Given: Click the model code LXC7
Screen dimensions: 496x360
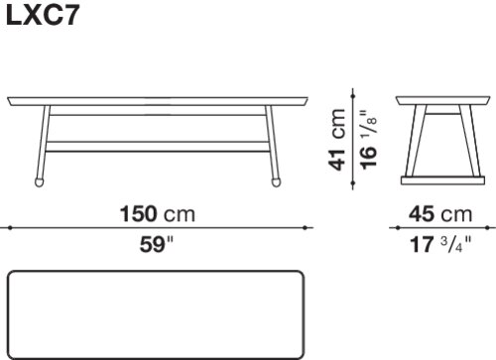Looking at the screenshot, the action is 43,16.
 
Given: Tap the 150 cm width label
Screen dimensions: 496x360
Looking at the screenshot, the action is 158,214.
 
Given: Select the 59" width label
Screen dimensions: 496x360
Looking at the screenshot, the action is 157,245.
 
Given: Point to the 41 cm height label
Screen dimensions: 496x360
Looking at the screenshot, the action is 338,140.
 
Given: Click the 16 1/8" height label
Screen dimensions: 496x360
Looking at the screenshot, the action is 368,140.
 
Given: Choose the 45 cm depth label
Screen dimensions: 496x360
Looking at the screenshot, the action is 440,214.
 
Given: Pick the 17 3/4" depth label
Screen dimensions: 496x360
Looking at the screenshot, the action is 440,245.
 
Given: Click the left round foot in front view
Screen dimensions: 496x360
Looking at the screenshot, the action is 40,182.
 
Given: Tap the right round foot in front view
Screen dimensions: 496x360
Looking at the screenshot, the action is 276,182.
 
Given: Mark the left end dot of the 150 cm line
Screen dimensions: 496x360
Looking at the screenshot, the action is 10,228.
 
